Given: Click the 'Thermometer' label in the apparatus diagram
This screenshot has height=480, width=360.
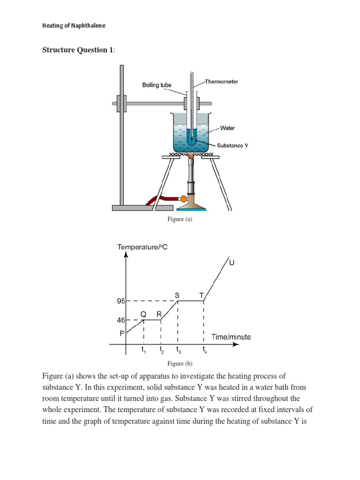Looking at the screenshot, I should pyautogui.click(x=222, y=82).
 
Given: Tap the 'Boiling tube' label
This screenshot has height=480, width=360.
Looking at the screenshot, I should pyautogui.click(x=157, y=85).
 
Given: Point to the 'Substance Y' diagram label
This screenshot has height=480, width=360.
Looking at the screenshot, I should pyautogui.click(x=232, y=145).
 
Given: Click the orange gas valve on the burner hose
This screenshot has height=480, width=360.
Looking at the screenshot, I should pyautogui.click(x=177, y=199).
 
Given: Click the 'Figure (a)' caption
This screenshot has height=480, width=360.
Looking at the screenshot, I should pyautogui.click(x=180, y=219).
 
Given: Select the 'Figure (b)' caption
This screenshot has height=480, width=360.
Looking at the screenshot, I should pyautogui.click(x=180, y=363).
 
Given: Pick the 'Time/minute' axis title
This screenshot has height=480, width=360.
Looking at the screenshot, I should pyautogui.click(x=231, y=337).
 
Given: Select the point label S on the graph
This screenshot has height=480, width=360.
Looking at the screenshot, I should pyautogui.click(x=177, y=295).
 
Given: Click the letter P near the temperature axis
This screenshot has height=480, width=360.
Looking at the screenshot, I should pyautogui.click(x=122, y=333).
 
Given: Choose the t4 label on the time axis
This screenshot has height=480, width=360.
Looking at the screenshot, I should pyautogui.click(x=204, y=350).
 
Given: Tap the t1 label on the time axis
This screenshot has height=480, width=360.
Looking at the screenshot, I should pyautogui.click(x=144, y=350).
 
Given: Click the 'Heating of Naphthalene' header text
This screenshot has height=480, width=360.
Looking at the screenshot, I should pyautogui.click(x=74, y=26).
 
